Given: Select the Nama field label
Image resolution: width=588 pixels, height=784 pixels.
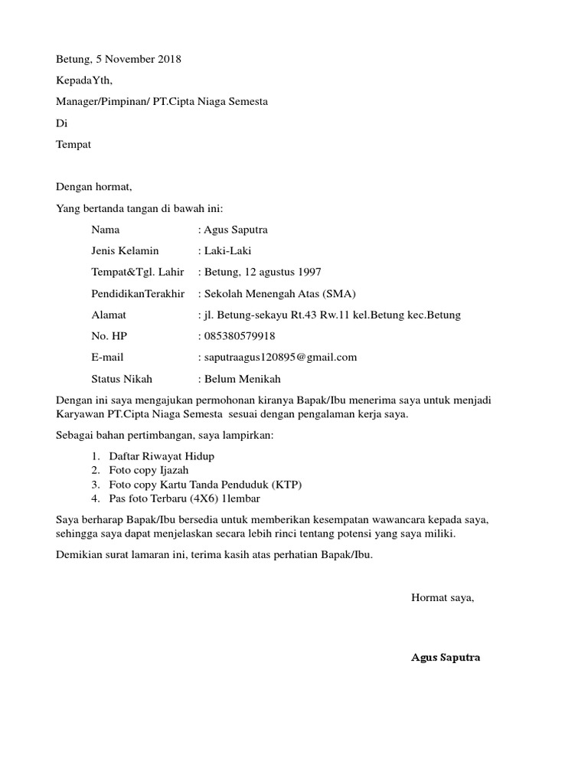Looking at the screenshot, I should click(105, 229).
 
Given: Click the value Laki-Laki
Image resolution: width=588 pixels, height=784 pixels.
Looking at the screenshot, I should click(227, 250).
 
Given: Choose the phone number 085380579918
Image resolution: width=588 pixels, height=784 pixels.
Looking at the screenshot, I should click(240, 335).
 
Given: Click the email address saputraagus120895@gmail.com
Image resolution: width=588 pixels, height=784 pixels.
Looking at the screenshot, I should click(280, 357).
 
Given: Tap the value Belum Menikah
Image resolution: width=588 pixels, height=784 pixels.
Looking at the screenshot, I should click(242, 378).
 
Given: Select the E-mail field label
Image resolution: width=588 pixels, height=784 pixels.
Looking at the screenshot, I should click(107, 357).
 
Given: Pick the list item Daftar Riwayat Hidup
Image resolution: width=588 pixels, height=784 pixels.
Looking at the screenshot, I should click(162, 456).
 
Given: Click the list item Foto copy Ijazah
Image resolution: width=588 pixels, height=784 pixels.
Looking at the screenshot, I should click(149, 470).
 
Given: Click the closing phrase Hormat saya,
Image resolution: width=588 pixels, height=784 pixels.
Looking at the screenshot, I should click(443, 598).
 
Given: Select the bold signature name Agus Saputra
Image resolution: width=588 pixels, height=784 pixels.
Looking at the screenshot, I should click(446, 657).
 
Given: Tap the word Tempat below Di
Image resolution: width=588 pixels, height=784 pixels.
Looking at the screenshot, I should click(73, 144).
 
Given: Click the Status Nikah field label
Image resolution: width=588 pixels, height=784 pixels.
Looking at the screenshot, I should click(122, 378).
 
